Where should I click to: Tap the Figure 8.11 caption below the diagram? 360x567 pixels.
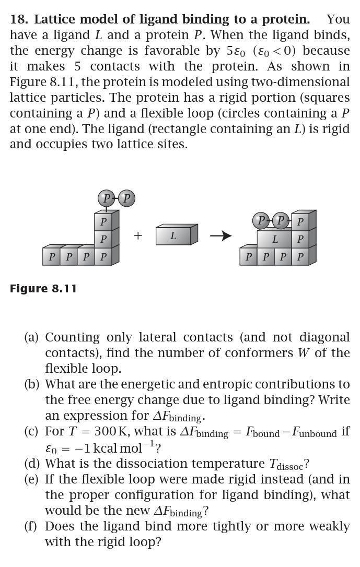(x=43, y=289)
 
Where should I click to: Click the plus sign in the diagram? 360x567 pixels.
(x=138, y=236)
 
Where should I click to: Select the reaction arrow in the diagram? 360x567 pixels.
(x=220, y=236)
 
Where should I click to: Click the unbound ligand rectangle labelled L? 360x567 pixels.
(x=174, y=236)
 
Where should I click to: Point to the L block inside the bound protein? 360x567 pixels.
(x=275, y=240)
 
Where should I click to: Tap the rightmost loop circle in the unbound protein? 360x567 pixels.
(x=126, y=198)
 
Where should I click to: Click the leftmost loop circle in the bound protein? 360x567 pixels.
(x=261, y=220)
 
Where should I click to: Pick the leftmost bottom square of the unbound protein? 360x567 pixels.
(x=52, y=257)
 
